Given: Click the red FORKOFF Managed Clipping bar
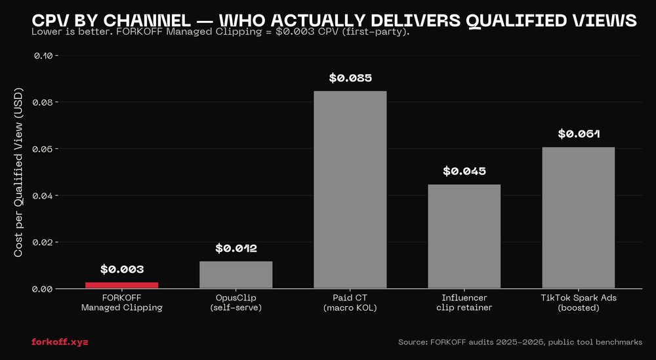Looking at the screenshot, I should point(122,285).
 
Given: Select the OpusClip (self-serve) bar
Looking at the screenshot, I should point(236,275).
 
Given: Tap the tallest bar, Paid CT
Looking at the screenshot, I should point(350,190).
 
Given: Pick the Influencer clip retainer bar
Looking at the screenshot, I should point(464,236).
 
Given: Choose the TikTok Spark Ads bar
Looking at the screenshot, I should point(579,218).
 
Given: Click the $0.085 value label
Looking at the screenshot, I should point(350,78).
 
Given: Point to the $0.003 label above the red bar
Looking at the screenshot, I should point(122,270).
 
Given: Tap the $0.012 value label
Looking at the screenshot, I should point(236,249).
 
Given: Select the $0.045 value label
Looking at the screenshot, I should point(464,172).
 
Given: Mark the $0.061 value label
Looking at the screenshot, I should point(579,134).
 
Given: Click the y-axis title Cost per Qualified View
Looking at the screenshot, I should point(19,172).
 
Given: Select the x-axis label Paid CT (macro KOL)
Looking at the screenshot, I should point(350,302).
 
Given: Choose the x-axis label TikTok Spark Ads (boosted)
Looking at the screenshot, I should point(579,302).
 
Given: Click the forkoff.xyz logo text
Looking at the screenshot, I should point(60,342).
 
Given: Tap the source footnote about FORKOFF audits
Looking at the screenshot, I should point(520,342).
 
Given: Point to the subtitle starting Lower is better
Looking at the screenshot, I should point(220,31).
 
